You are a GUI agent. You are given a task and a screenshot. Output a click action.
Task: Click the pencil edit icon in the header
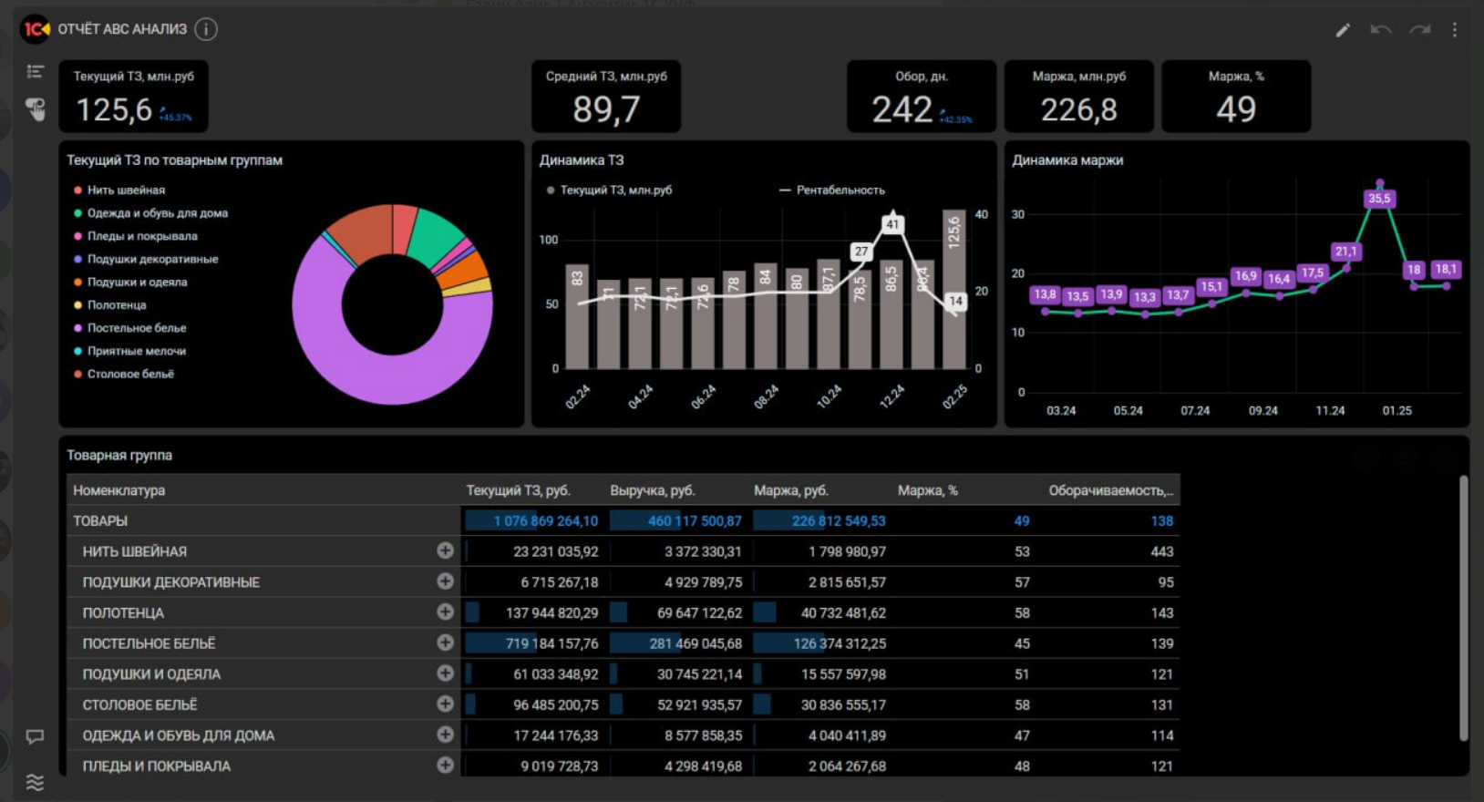pos(1343,30)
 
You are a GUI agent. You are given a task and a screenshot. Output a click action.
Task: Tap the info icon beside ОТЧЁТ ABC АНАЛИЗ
pos(206,29)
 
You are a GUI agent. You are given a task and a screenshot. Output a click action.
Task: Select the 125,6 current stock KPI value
pos(114,110)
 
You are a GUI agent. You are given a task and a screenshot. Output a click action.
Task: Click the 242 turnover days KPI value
pos(902,110)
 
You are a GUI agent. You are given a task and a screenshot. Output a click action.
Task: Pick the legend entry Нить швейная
pos(126,190)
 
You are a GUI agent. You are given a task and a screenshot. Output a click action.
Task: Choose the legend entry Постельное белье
pos(136,328)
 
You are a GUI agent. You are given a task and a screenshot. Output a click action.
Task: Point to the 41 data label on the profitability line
pos(892,224)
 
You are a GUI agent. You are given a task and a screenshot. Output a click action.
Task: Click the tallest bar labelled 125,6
pos(953,292)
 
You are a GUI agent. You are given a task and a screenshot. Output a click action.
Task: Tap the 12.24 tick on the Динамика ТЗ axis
pos(891,396)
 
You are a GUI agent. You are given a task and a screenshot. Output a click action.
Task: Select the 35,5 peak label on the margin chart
pos(1379,199)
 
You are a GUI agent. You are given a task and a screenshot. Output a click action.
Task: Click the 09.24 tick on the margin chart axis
pos(1262,411)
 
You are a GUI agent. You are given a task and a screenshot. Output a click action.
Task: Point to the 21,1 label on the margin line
pos(1345,252)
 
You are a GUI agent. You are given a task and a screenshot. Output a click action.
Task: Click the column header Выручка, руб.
pos(652,490)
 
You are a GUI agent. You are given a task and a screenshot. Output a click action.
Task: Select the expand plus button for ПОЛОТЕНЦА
pos(445,612)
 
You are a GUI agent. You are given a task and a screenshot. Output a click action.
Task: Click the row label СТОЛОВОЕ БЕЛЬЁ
pos(139,705)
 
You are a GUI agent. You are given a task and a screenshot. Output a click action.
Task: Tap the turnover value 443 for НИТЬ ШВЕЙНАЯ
pos(1161,551)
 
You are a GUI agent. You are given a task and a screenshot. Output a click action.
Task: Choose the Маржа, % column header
pos(927,490)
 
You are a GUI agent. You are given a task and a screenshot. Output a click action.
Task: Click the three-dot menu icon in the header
pos(1455,30)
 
